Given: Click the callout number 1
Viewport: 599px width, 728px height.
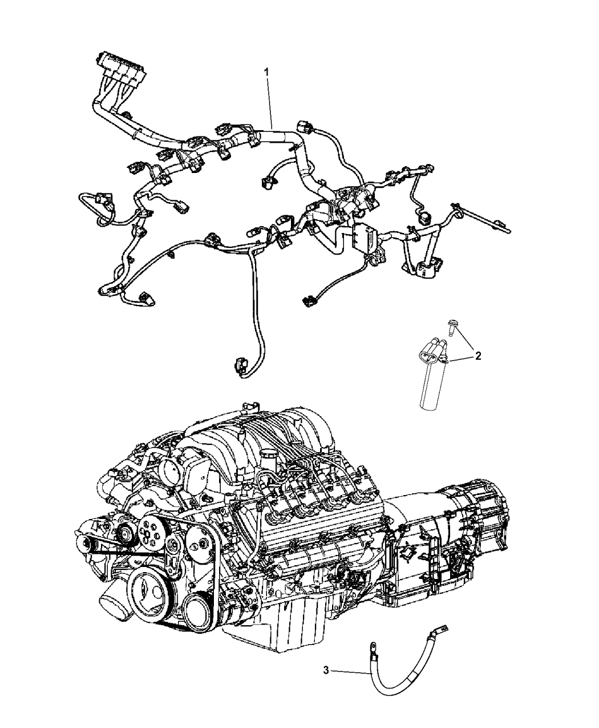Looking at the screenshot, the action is click(x=266, y=73).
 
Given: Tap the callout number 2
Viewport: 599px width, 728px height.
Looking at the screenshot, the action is click(x=479, y=356).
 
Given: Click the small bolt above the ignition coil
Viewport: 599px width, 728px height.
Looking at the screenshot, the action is click(x=452, y=327).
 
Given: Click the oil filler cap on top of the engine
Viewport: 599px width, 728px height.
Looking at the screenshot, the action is click(x=267, y=456).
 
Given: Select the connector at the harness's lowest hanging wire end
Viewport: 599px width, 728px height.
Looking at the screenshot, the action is click(x=238, y=369).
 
